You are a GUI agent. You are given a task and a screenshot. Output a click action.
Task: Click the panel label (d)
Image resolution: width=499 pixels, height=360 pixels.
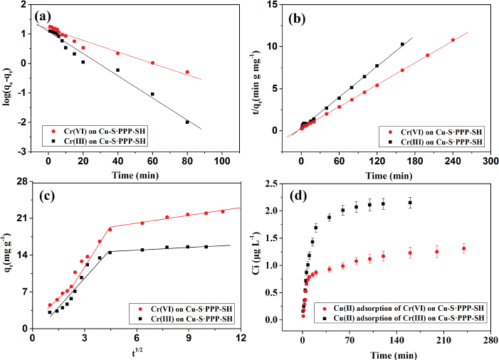304,196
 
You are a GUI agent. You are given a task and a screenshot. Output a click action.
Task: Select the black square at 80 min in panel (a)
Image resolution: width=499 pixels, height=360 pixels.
188,122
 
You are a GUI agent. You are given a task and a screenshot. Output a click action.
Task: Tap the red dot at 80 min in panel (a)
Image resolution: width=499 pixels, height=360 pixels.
188,72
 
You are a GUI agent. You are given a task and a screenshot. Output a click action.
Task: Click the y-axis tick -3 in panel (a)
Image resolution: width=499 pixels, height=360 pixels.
23,152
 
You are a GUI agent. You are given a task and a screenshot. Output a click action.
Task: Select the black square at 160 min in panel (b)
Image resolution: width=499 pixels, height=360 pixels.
402,44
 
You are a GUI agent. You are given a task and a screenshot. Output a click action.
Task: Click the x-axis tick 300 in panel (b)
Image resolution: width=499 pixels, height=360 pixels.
490,162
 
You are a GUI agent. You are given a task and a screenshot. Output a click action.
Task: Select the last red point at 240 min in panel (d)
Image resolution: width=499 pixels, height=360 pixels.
464,248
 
